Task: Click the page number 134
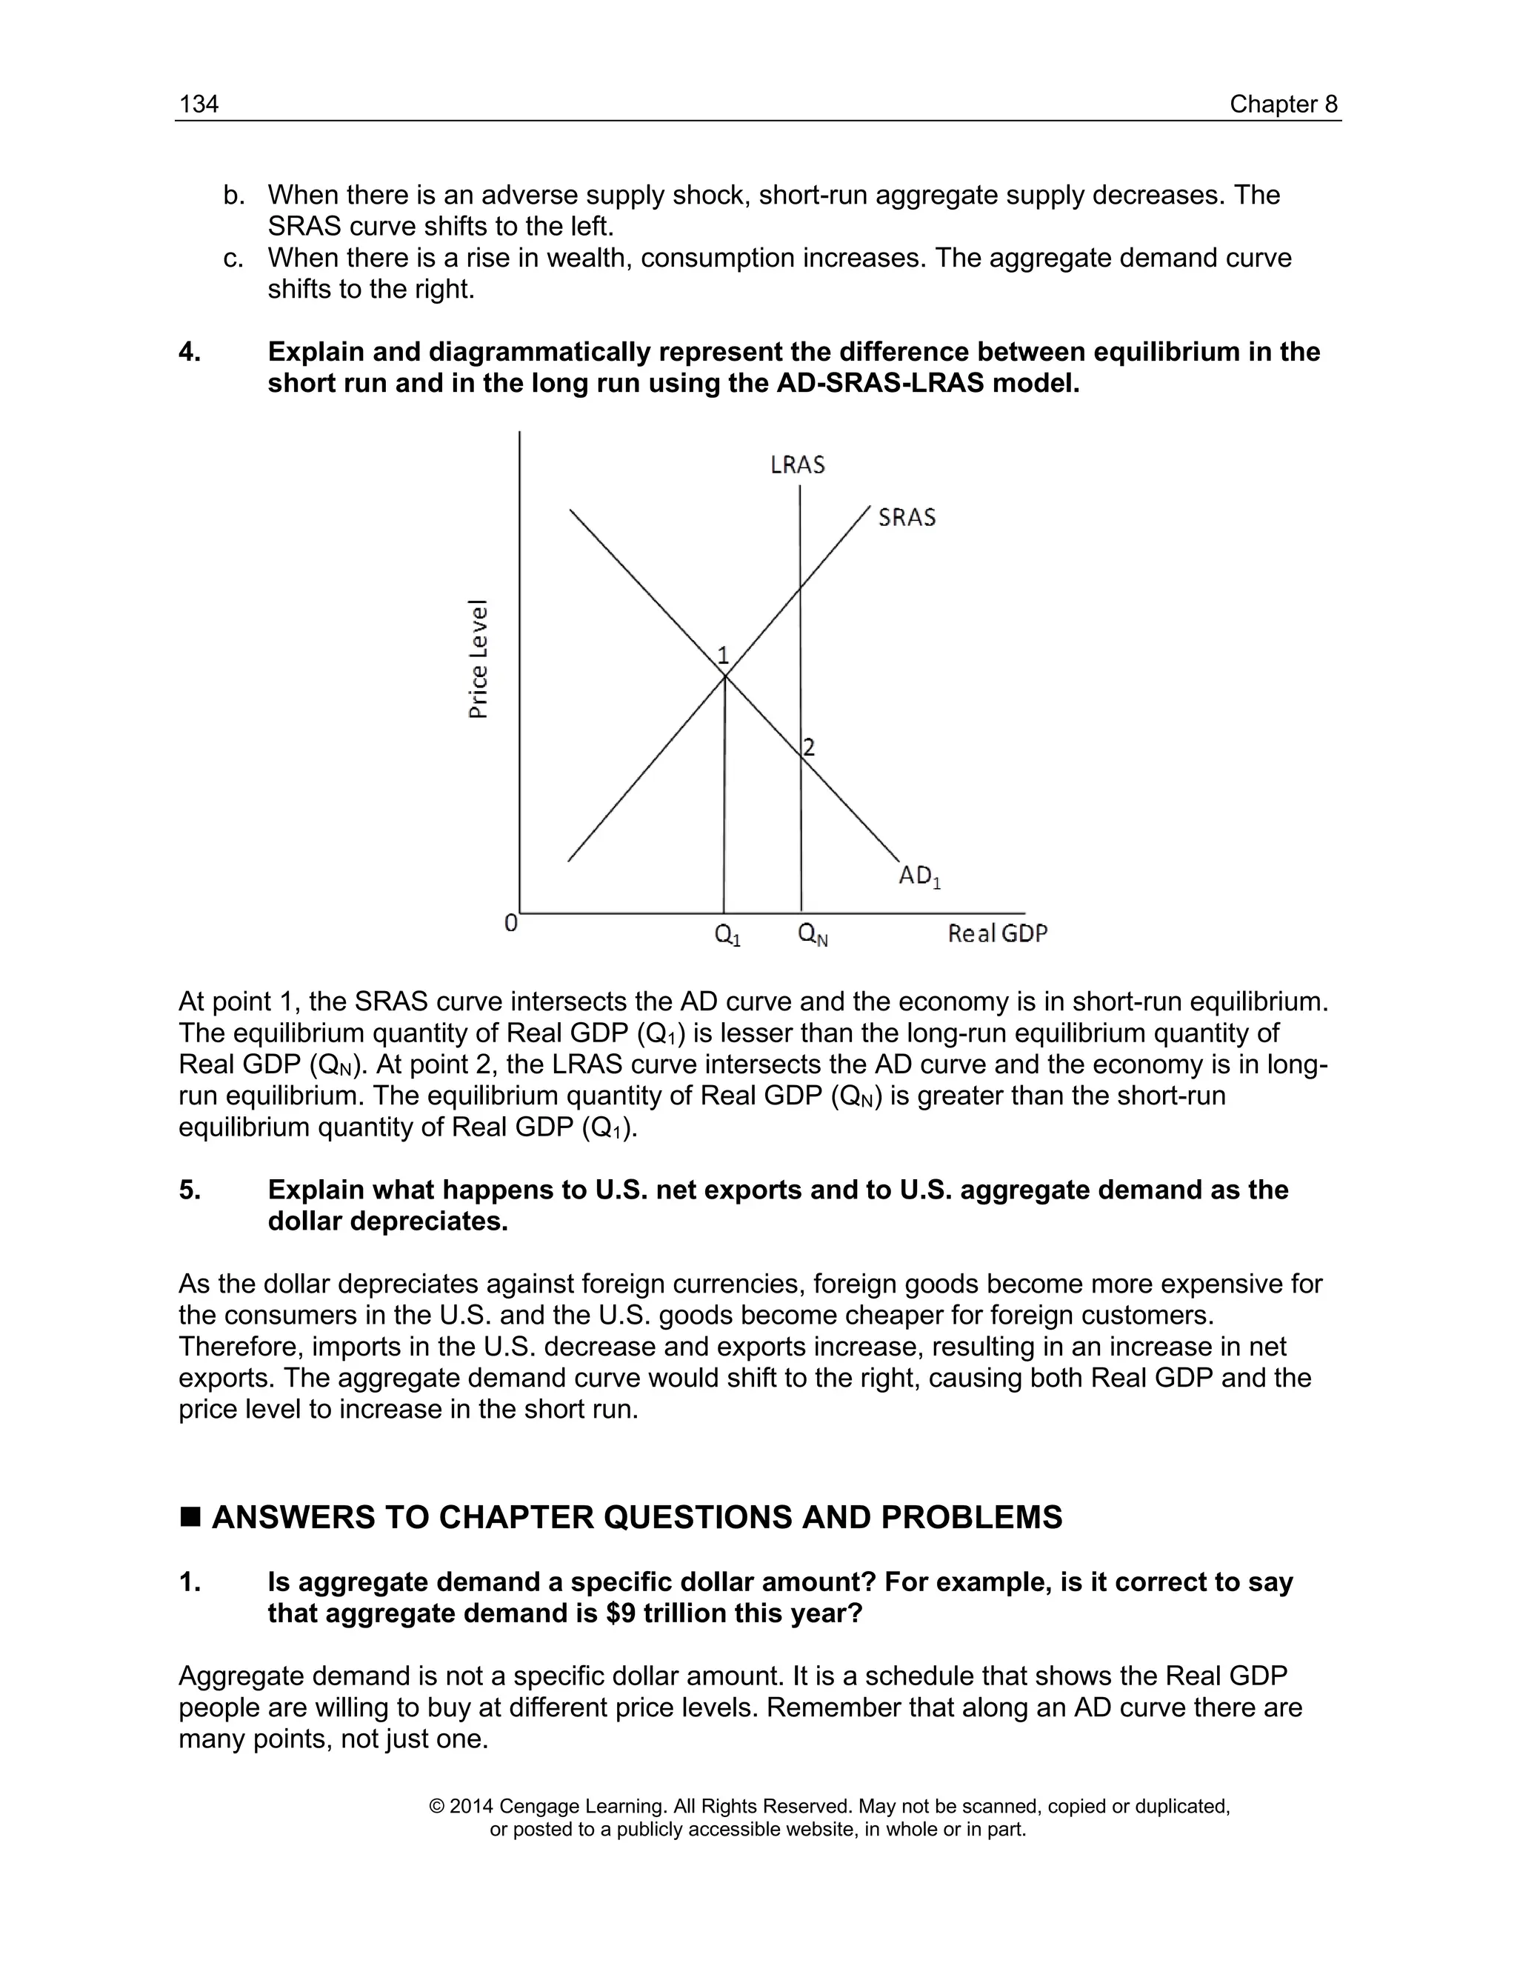pos(199,104)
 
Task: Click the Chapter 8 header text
pos(1284,104)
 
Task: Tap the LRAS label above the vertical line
pos(797,464)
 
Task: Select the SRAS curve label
pos(907,518)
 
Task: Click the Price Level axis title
pos(479,659)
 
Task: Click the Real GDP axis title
pos(998,934)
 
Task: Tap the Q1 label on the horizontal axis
pos(727,936)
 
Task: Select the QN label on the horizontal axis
pos(813,936)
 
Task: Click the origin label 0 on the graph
pos(510,923)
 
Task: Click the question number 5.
pos(189,1190)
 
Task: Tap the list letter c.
pos(233,258)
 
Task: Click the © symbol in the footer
pos(437,1807)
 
